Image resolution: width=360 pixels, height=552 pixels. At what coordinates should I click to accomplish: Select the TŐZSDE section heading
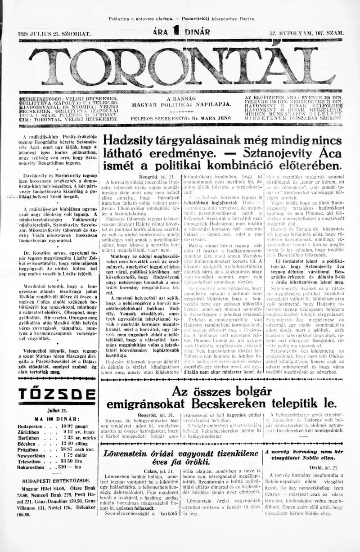[x=50, y=395]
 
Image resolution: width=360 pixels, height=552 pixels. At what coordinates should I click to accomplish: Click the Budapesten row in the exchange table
[x=50, y=425]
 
